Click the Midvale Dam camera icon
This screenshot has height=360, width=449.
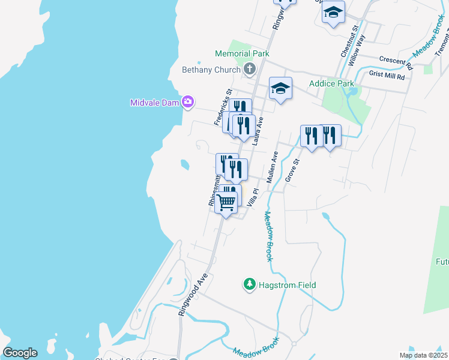(x=188, y=102)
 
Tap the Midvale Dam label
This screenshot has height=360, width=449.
(x=155, y=103)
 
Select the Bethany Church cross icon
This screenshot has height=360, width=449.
(x=249, y=70)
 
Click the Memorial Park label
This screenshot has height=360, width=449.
(x=242, y=53)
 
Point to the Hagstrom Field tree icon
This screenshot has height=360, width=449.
(x=250, y=284)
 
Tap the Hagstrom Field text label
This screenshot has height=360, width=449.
(x=287, y=285)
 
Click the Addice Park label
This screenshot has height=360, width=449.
(x=331, y=83)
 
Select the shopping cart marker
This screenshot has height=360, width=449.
(x=226, y=203)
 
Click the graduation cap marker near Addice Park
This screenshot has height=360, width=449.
(x=280, y=89)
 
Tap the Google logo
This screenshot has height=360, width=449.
(x=20, y=353)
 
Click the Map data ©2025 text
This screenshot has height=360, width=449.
(x=423, y=355)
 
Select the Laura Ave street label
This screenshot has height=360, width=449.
(x=258, y=131)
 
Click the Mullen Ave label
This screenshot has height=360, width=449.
(x=273, y=167)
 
